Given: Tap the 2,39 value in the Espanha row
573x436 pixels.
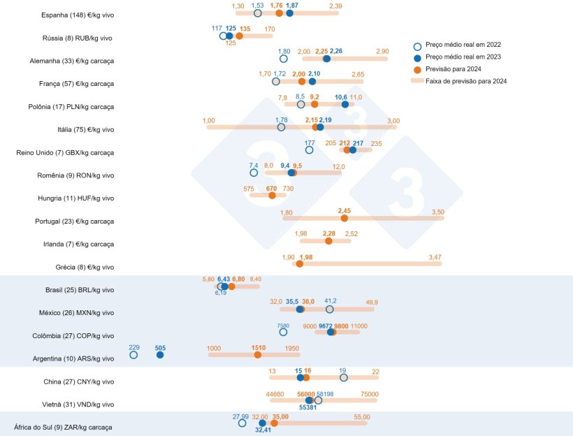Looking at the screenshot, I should (335, 6).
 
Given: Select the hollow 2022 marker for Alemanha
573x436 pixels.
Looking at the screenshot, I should (284, 59).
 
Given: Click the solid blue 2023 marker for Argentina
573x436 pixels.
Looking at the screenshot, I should (160, 355).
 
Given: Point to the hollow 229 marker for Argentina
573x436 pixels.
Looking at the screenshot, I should (133, 355).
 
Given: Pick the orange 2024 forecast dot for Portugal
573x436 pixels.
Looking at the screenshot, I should (344, 218).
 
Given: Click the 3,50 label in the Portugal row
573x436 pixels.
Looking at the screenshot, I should (438, 212).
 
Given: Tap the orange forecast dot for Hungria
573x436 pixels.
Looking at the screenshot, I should (272, 196).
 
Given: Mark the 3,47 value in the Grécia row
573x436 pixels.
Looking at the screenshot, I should (435, 258).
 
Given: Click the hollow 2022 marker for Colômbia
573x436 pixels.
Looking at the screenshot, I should (283, 333).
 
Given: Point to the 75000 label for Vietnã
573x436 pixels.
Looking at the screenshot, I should (370, 394).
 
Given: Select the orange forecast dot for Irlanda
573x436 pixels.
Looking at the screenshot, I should (329, 241).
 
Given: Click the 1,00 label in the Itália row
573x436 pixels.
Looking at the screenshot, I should (209, 121).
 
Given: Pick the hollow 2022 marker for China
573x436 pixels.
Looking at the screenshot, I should (343, 378).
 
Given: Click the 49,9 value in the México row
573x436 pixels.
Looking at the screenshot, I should (372, 302).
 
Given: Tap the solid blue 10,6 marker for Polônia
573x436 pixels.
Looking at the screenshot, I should (345, 104).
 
